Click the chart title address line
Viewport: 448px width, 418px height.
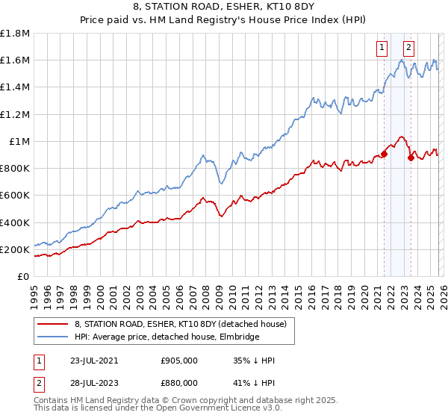tap(224, 8)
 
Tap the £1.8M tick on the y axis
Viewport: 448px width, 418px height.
tap(15, 34)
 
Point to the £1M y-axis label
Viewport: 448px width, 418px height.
tap(19, 141)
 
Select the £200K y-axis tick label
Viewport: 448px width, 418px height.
tap(15, 249)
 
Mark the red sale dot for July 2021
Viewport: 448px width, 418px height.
tap(384, 154)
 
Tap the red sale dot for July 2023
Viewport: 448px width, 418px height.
tap(411, 157)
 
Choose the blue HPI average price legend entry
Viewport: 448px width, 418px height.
tap(167, 337)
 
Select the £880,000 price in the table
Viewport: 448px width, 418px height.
tap(179, 381)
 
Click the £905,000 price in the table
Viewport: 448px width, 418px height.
tap(179, 361)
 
